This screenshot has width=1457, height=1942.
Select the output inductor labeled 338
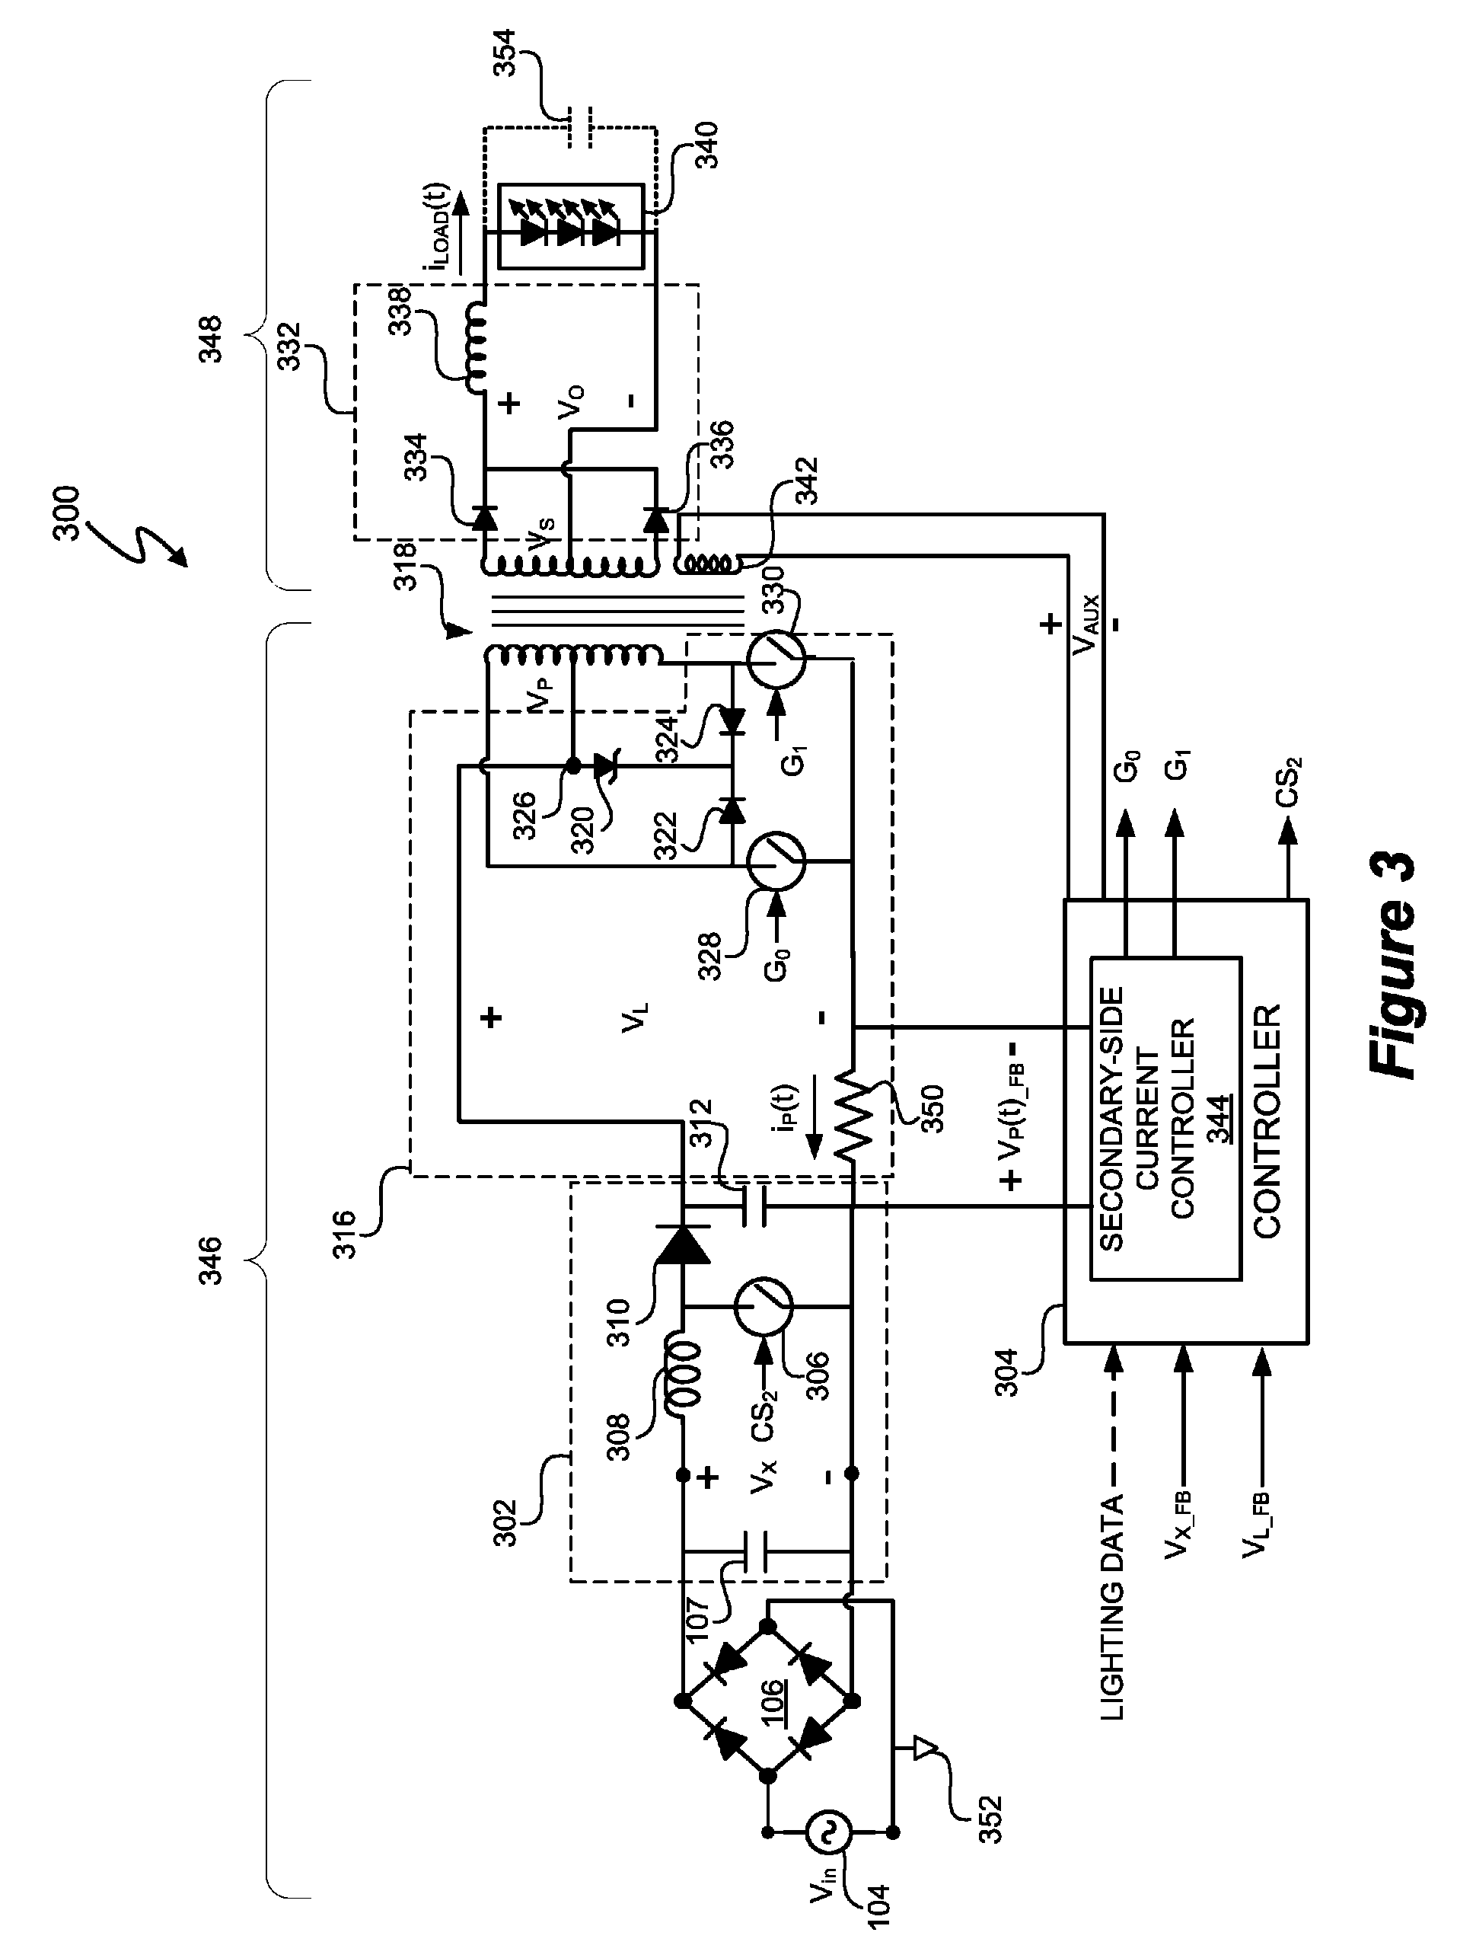click(480, 349)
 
